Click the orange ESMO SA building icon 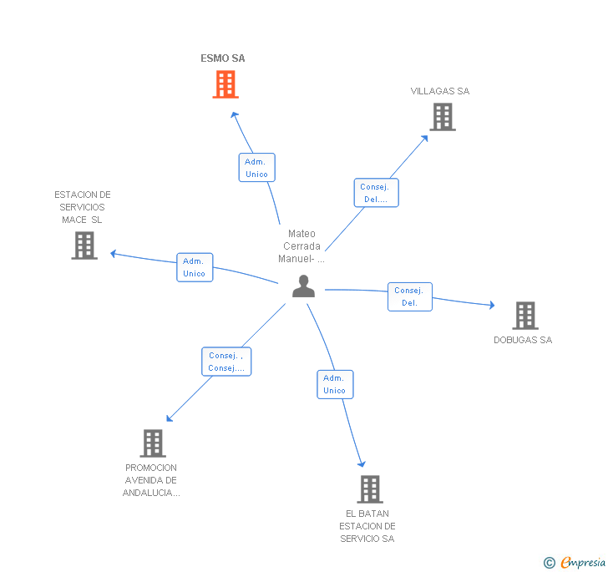click(225, 84)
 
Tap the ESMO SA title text click(223, 58)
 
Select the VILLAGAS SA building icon click(443, 117)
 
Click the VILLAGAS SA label click(440, 91)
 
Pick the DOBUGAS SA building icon click(524, 316)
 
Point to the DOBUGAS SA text click(523, 340)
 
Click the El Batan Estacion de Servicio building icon click(369, 488)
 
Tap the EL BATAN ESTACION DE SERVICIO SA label click(367, 526)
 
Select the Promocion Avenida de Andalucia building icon click(152, 443)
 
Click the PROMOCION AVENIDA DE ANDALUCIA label click(151, 480)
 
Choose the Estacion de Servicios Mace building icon click(84, 246)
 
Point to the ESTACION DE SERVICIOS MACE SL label click(83, 207)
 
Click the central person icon click(303, 286)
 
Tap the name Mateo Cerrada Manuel click(301, 246)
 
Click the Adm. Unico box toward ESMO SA click(256, 168)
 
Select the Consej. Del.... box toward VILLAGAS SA click(376, 193)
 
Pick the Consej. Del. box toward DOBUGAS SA click(409, 296)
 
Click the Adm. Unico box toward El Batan click(334, 384)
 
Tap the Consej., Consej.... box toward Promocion click(225, 362)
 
